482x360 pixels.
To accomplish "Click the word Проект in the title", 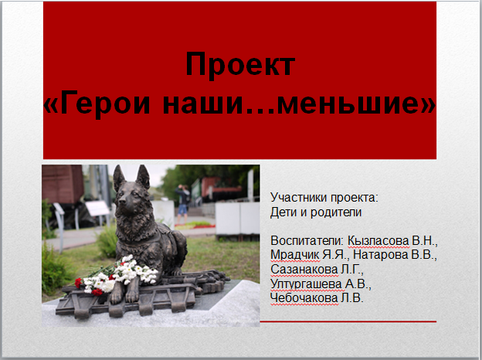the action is tap(240, 65).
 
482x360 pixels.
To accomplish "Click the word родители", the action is tap(336, 212).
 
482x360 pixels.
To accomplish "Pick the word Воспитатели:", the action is tap(307, 241).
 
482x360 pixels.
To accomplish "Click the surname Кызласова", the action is tap(378, 241).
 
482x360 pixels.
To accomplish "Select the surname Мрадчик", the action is tap(295, 255).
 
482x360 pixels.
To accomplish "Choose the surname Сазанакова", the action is tap(304, 270).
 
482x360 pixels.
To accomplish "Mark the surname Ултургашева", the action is tap(306, 284).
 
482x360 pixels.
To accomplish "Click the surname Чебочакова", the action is tap(304, 298).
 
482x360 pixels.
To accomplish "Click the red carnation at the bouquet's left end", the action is tap(78, 283).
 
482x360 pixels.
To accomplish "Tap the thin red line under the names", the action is tap(348, 321).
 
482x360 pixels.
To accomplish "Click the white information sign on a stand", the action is tap(97, 209).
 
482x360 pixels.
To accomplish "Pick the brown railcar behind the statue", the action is tap(63, 185).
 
